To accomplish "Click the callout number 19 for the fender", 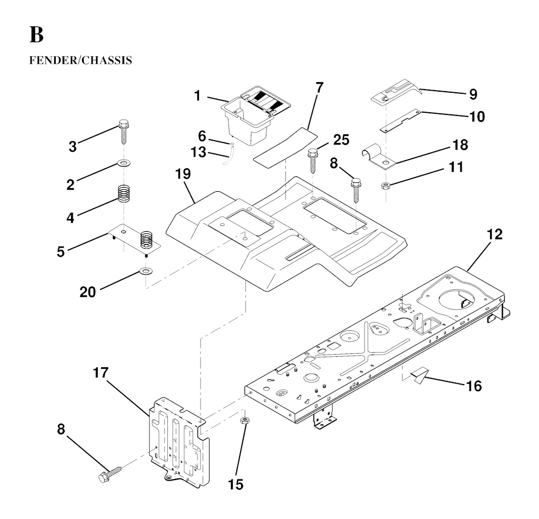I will [x=184, y=174].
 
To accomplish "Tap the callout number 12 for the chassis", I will [x=494, y=234].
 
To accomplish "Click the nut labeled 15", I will [x=244, y=420].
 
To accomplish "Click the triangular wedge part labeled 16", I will [x=419, y=376].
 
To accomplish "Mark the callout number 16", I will [x=474, y=386].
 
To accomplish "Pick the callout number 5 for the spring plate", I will [x=61, y=251].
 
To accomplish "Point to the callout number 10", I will [x=477, y=116].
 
